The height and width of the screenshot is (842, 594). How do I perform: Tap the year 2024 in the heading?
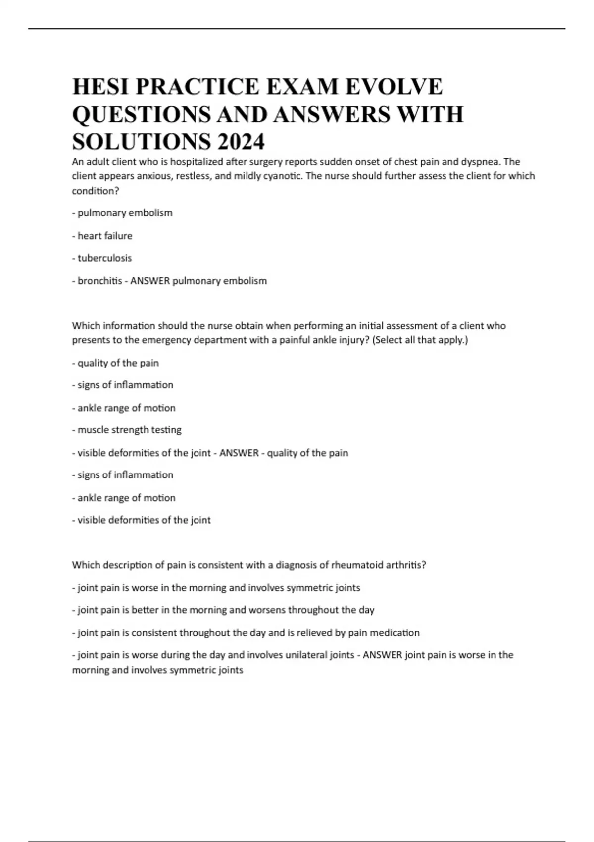(x=240, y=142)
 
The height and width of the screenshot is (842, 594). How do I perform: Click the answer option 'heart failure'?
(x=104, y=236)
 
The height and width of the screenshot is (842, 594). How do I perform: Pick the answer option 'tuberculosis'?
(x=104, y=258)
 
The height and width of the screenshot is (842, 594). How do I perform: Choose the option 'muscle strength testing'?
(x=129, y=430)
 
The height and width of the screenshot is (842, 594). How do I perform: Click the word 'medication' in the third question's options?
(x=396, y=633)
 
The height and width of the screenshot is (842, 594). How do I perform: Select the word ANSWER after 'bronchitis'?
(x=150, y=281)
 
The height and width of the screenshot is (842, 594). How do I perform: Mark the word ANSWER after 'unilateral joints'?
(x=383, y=655)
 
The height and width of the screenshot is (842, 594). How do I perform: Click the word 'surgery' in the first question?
(x=263, y=162)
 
